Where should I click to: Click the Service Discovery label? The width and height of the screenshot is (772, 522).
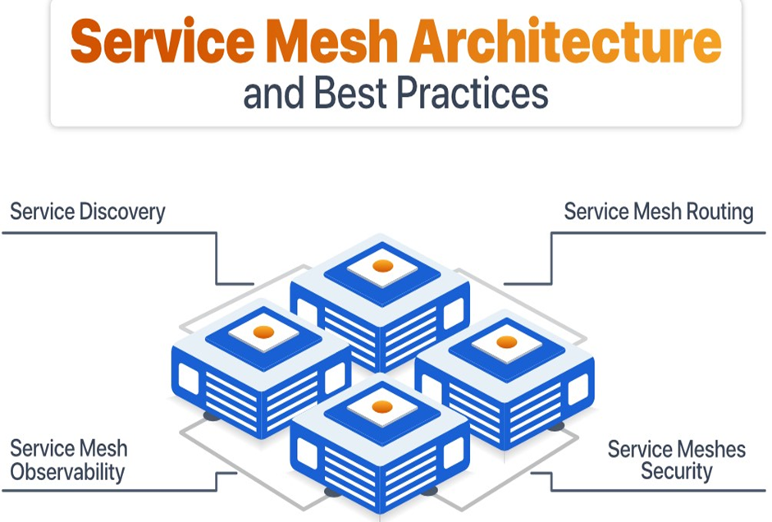(88, 212)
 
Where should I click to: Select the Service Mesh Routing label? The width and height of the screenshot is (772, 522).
(658, 212)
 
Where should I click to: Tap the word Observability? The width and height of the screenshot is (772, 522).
(67, 472)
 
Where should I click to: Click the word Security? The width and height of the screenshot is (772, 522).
(677, 471)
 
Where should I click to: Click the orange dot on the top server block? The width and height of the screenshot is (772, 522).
(382, 266)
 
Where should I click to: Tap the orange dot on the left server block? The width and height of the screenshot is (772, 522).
(263, 332)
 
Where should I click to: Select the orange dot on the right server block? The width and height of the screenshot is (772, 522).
(507, 341)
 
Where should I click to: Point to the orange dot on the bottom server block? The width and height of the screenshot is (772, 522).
(382, 406)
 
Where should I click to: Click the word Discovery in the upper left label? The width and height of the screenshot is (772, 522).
(121, 212)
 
